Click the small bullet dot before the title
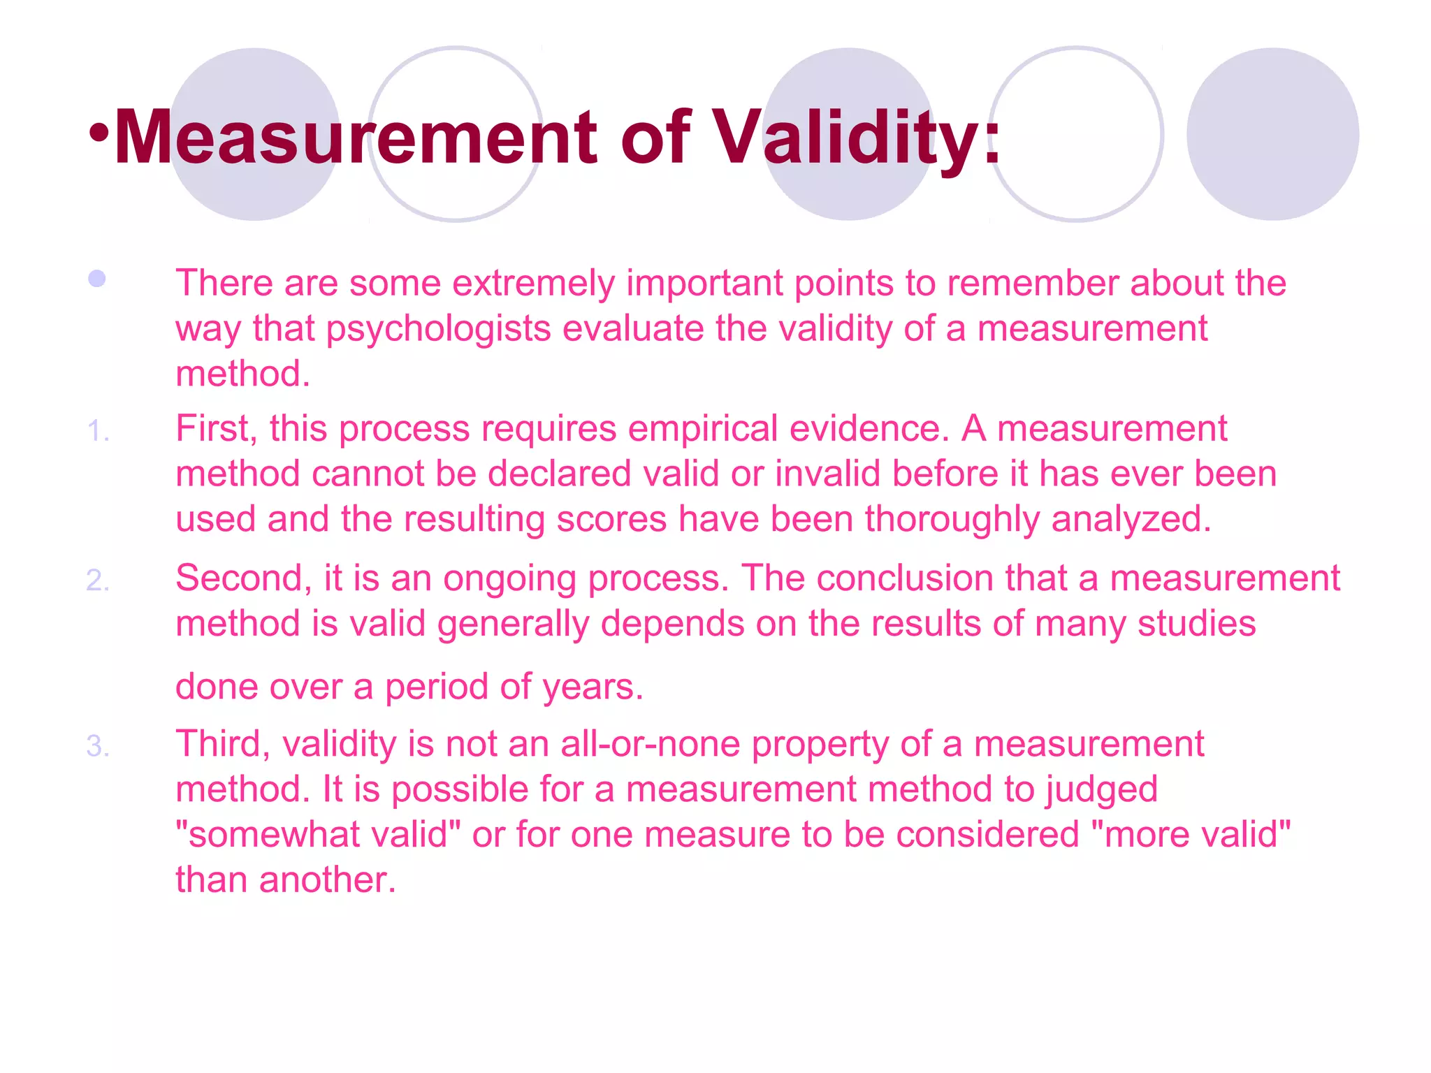[x=99, y=133]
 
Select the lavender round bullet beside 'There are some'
[x=97, y=279]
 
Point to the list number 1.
[x=98, y=431]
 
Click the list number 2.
[x=98, y=581]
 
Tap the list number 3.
[x=98, y=746]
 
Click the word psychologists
[x=438, y=328]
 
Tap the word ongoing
[x=509, y=578]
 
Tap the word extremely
[x=533, y=283]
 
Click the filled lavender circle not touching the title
[x=1272, y=134]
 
